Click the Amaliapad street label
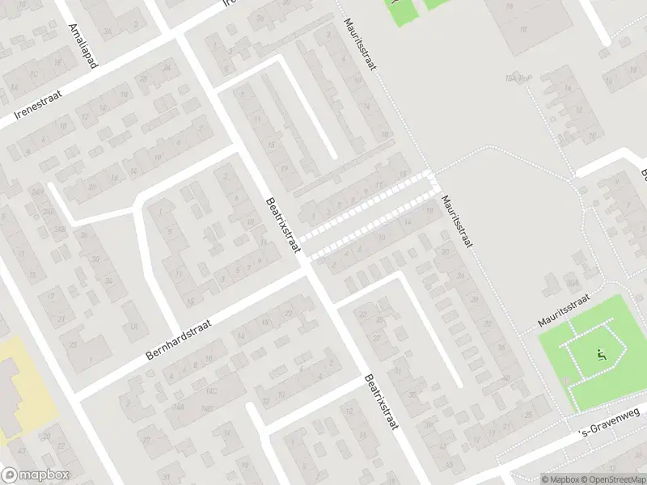(83, 47)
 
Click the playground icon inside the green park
(599, 354)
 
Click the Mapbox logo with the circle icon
(36, 475)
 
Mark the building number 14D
(207, 408)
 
